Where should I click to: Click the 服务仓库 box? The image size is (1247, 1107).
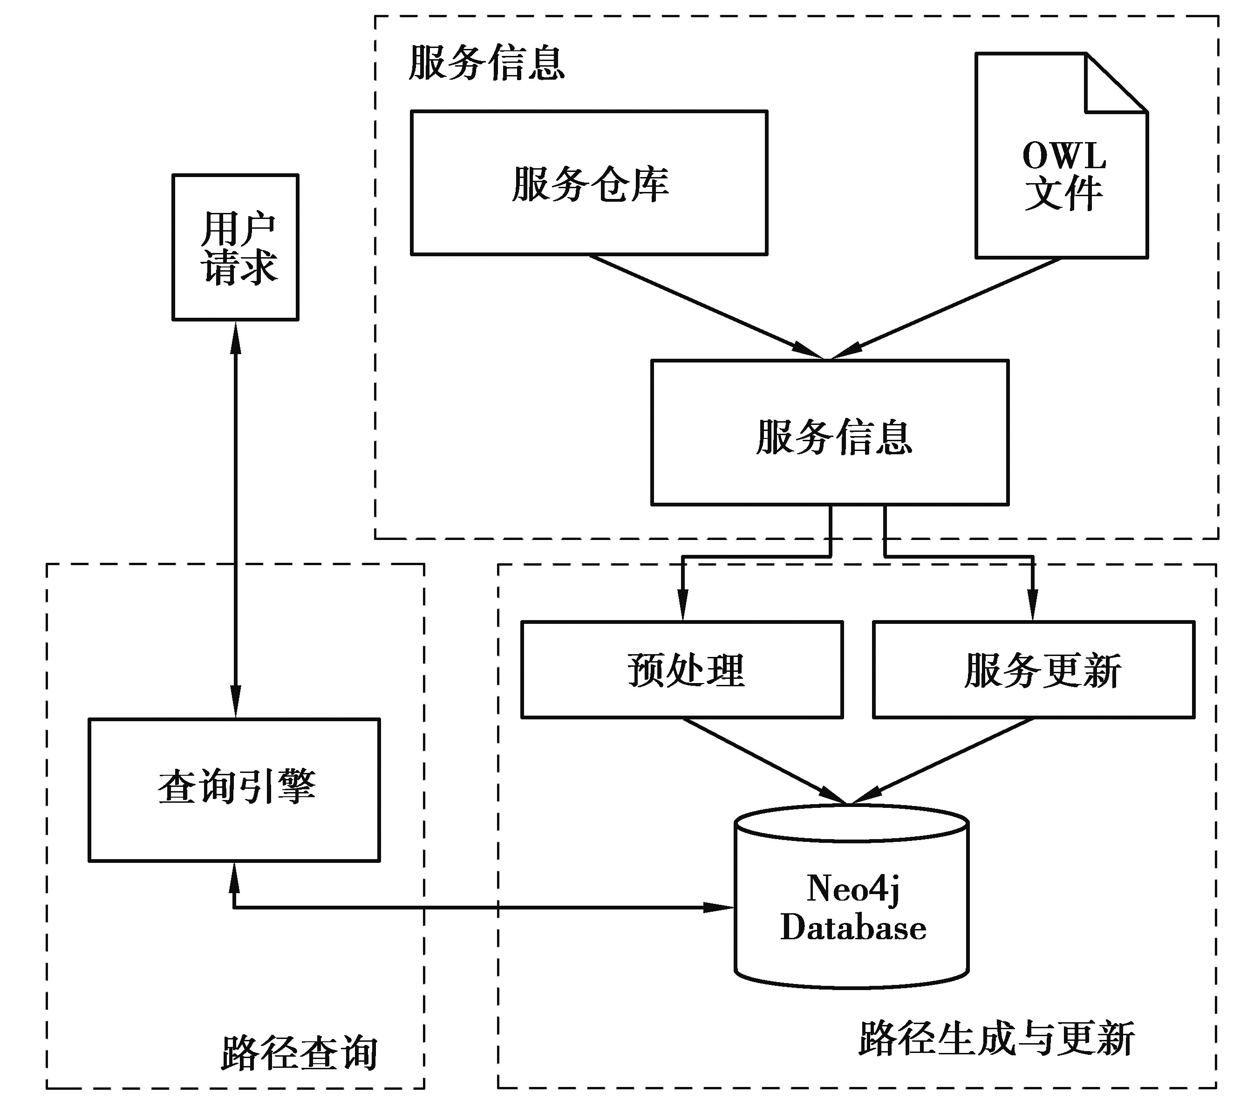(x=589, y=183)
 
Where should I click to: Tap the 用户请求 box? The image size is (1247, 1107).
(x=236, y=247)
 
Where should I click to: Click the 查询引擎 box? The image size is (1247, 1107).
(x=234, y=790)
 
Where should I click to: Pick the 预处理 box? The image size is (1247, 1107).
(x=682, y=670)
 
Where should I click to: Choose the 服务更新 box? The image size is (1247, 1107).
(x=1034, y=670)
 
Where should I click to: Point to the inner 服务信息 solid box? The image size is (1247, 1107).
(x=830, y=433)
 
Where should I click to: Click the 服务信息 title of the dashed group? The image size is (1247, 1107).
(x=486, y=63)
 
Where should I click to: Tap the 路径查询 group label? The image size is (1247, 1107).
(x=299, y=1052)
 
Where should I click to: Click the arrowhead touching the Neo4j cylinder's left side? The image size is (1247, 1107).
(x=720, y=907)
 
